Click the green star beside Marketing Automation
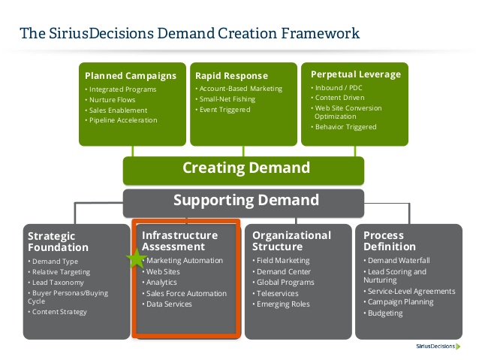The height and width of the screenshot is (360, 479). tap(137, 259)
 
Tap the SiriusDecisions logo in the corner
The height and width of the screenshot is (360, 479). tap(442, 346)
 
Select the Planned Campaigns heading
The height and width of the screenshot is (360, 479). tap(131, 75)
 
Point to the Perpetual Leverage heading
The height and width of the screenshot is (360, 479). tap(356, 74)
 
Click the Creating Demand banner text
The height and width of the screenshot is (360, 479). tap(246, 168)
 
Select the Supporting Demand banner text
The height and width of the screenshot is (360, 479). tap(246, 201)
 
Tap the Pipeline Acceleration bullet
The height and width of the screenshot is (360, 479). tap(124, 120)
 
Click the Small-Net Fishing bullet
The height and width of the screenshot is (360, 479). tap(230, 99)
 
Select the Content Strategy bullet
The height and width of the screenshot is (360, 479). tap(62, 312)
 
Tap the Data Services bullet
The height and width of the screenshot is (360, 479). tap(171, 304)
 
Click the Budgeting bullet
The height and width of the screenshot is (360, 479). tap(387, 313)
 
